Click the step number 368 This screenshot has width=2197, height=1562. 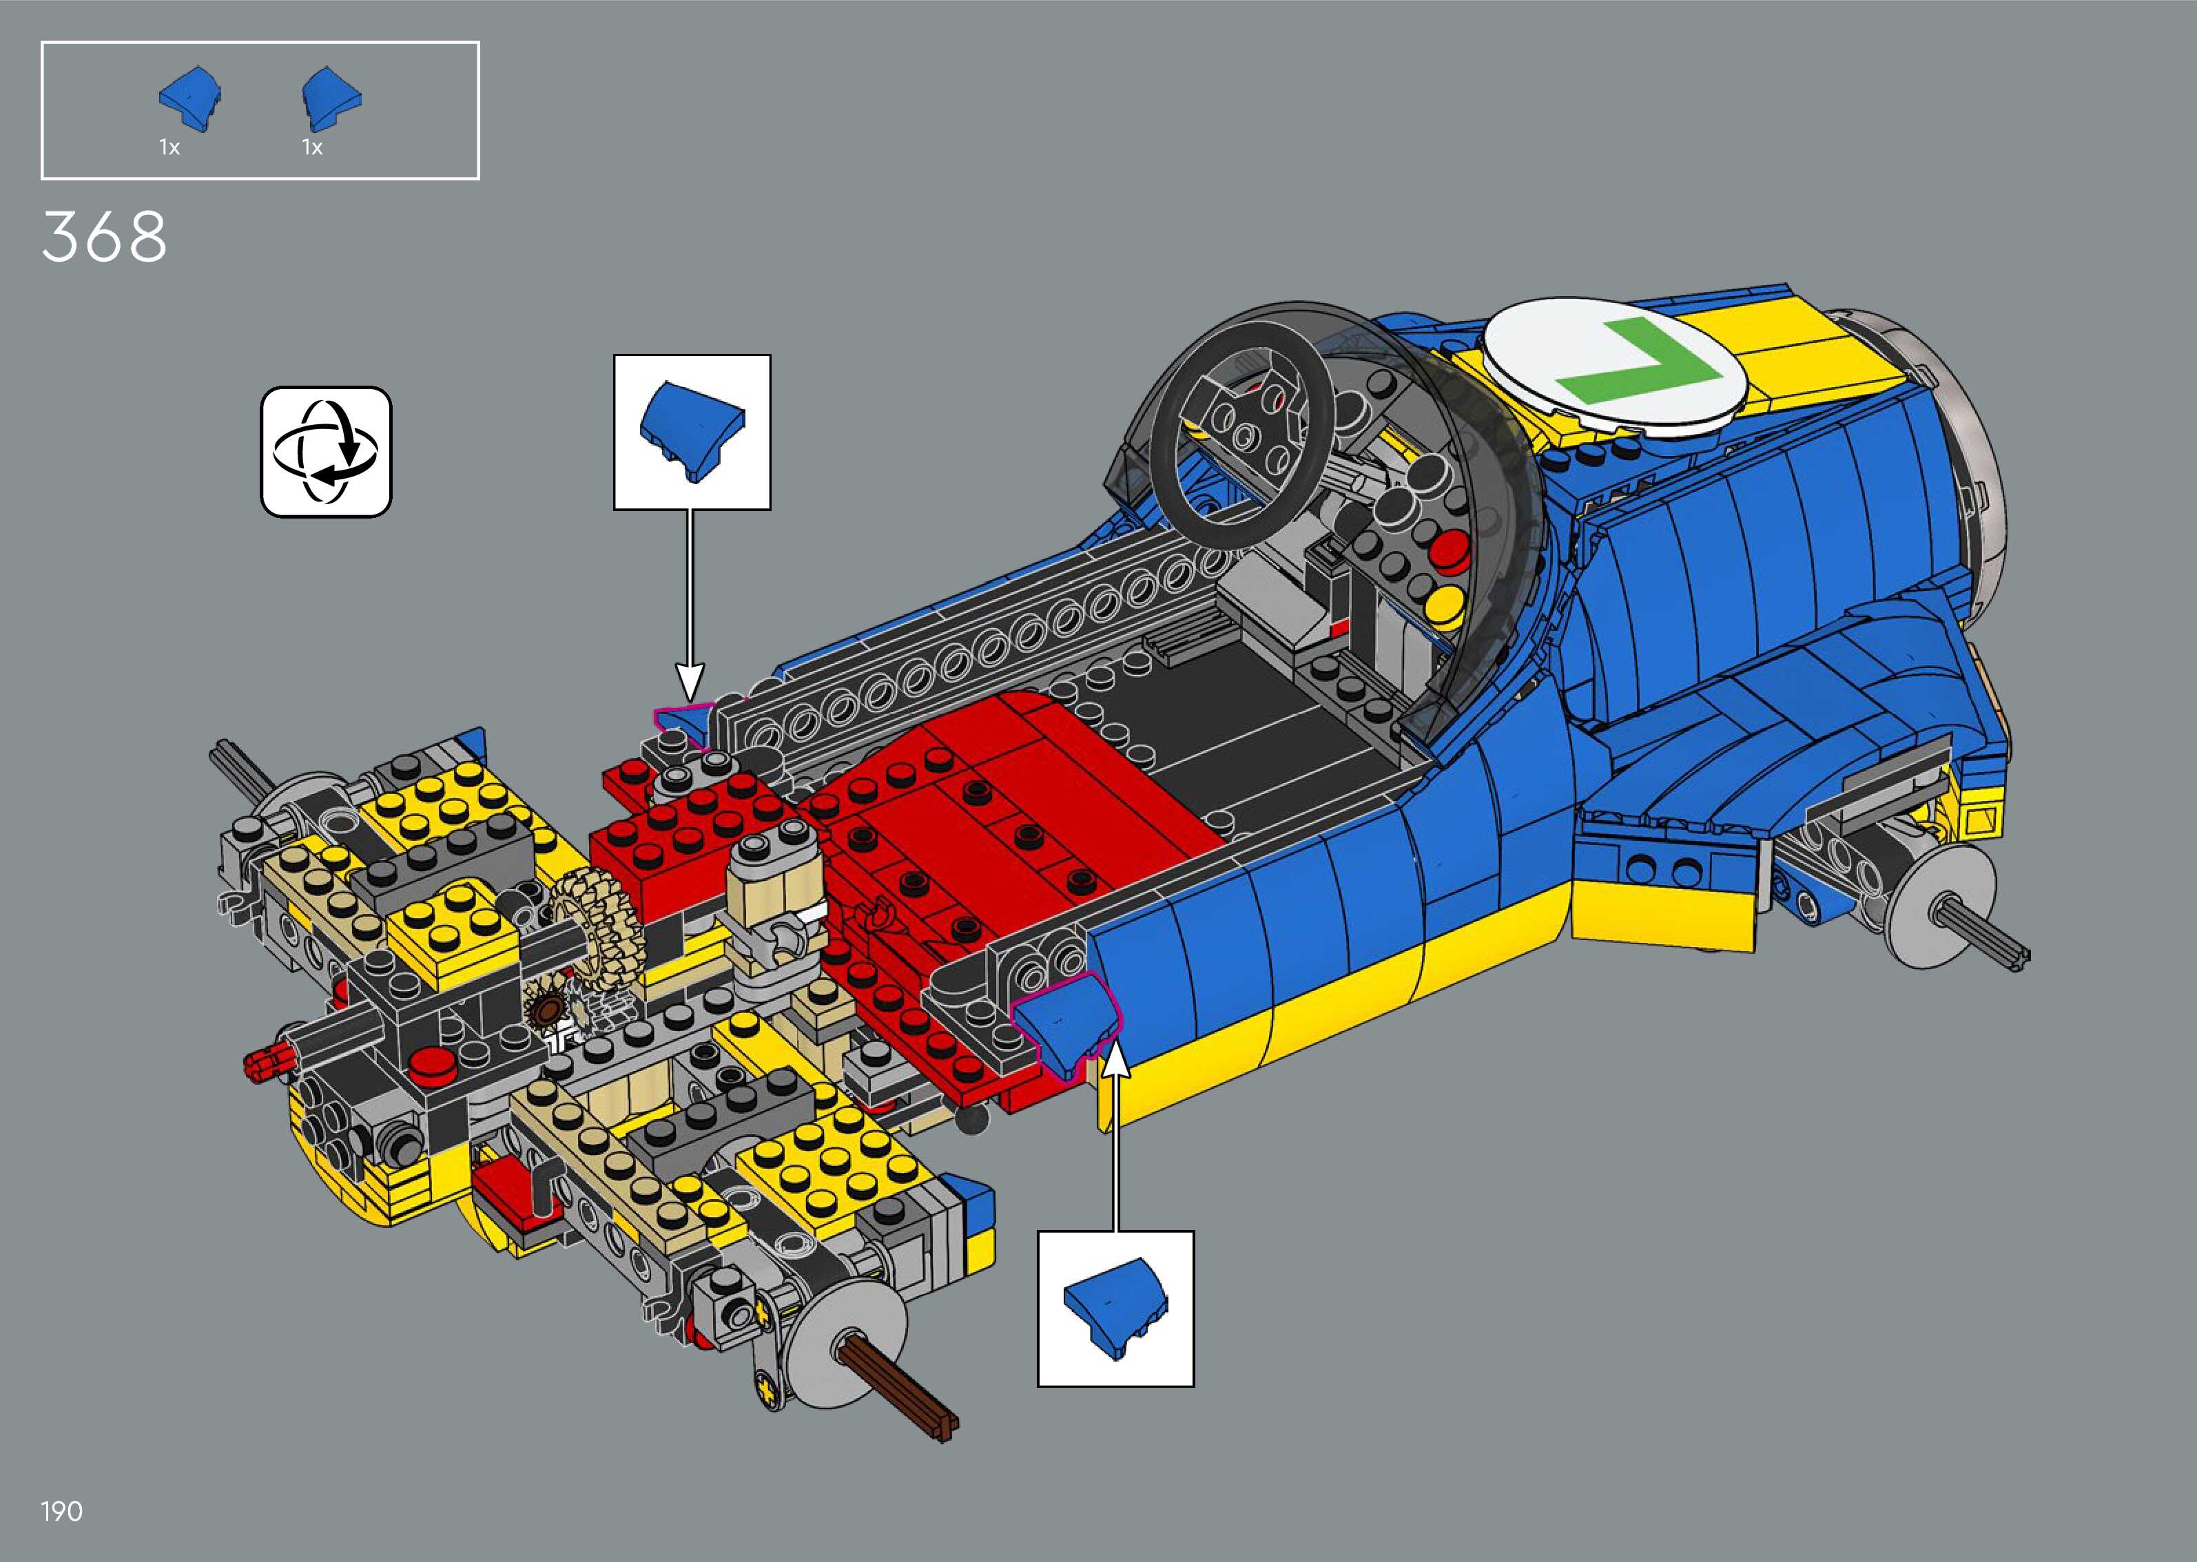point(104,237)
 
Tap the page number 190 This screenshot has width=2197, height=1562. point(61,1512)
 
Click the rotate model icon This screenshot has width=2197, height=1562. point(326,452)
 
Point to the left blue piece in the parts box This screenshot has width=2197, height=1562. point(192,97)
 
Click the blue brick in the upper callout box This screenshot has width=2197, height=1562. point(692,431)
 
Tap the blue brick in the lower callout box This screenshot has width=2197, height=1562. point(1116,1308)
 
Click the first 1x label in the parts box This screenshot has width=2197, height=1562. point(169,147)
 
